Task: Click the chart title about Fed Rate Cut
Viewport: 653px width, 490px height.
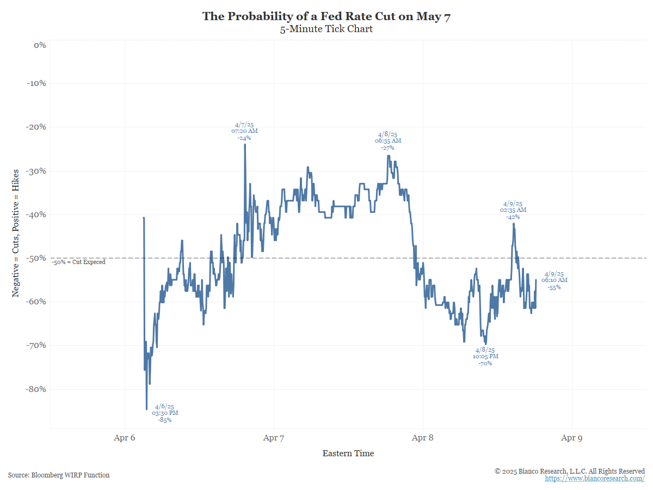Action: [x=326, y=16]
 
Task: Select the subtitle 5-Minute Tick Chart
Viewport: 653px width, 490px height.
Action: [x=326, y=29]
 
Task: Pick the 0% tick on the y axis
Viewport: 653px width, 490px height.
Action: [x=40, y=45]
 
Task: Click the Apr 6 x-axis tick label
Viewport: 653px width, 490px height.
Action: [x=125, y=437]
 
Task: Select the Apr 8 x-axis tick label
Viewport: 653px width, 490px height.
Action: [x=423, y=437]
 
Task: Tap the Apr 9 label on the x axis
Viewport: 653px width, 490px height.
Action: [x=572, y=437]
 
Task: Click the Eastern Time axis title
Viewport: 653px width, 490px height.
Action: [x=348, y=454]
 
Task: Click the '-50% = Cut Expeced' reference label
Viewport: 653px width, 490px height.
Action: [x=79, y=262]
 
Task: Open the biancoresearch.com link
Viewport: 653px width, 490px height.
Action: [x=595, y=479]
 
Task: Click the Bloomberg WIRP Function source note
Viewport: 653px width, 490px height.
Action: [x=59, y=475]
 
